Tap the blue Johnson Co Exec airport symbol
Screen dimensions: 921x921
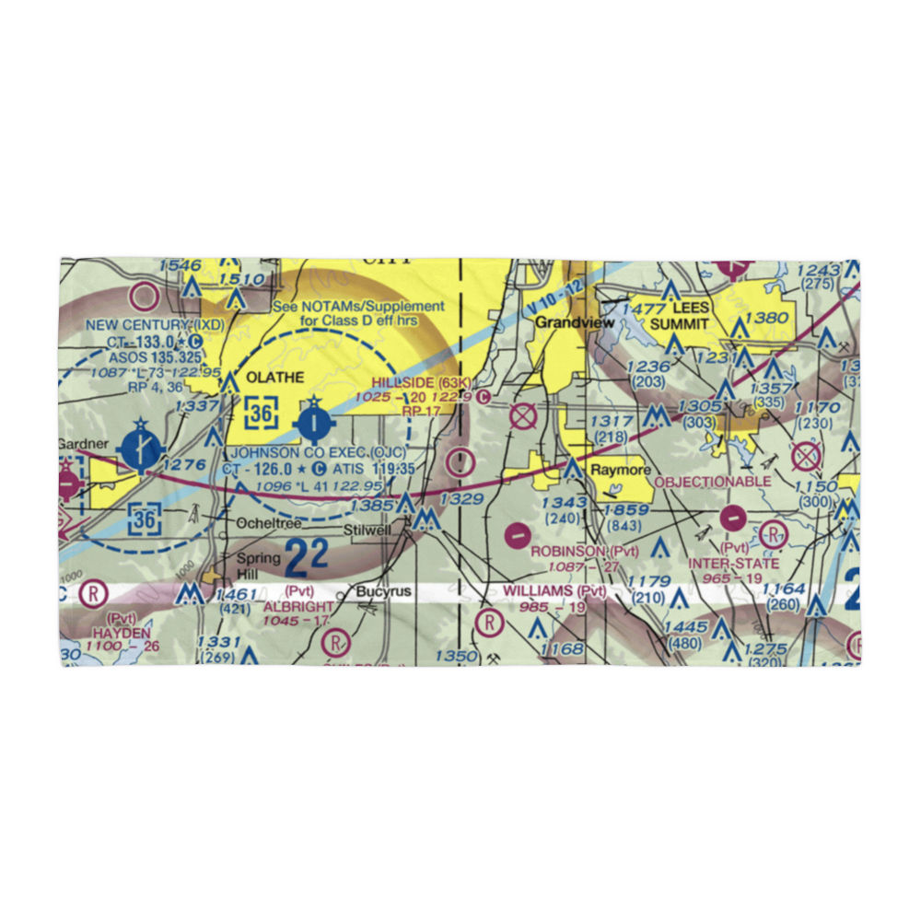[x=313, y=423]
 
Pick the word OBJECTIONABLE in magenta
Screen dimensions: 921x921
[x=712, y=482]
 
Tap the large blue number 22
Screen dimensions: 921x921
[x=306, y=557]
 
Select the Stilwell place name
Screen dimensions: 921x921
[x=367, y=530]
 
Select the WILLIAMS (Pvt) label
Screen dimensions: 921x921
[x=554, y=590]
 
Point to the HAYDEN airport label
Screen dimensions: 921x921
[x=121, y=634]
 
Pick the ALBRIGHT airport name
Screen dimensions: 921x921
[x=297, y=608]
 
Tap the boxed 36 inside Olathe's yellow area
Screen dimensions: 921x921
[x=262, y=414]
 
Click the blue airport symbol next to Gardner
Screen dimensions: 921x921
[x=141, y=449]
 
